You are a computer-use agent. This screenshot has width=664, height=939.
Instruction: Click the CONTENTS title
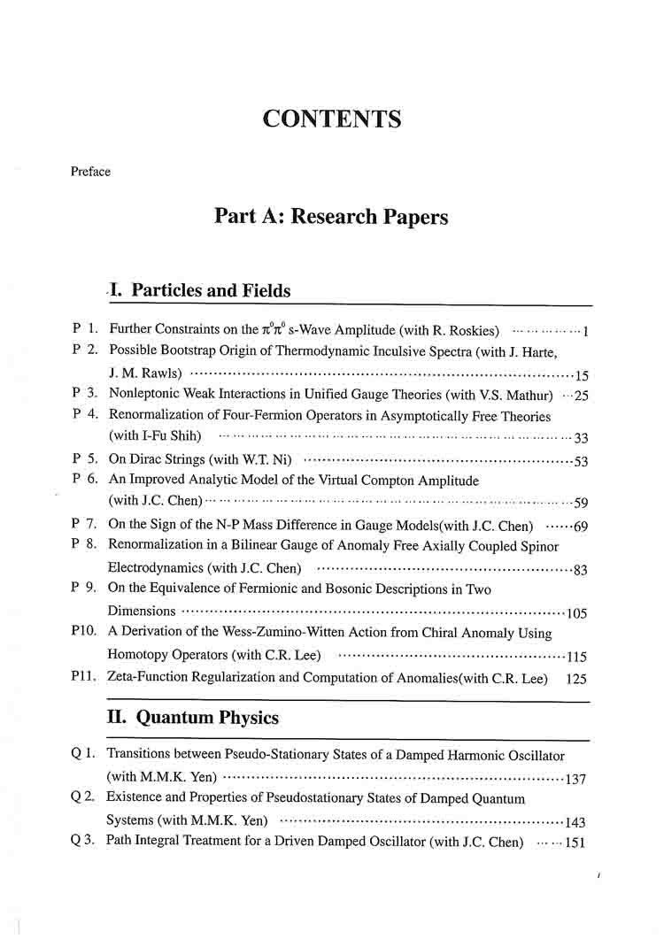pyautogui.click(x=332, y=119)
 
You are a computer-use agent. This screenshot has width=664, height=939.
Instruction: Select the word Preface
pyautogui.click(x=90, y=172)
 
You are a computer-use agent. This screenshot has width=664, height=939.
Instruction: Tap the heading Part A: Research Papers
pyautogui.click(x=331, y=217)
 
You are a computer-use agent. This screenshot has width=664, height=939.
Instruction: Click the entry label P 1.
pyautogui.click(x=85, y=329)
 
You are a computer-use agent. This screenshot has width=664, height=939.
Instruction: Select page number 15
pyautogui.click(x=582, y=374)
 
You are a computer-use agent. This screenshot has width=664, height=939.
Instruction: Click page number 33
pyautogui.click(x=582, y=437)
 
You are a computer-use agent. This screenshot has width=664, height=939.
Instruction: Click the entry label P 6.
pyautogui.click(x=85, y=480)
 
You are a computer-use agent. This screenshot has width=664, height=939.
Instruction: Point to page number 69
pyautogui.click(x=582, y=527)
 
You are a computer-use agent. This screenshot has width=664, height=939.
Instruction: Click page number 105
pyautogui.click(x=578, y=612)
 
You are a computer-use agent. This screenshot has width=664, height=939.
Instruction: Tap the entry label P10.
pyautogui.click(x=85, y=633)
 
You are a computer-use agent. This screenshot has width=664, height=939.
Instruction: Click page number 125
pyautogui.click(x=576, y=678)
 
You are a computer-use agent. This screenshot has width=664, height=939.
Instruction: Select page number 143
pyautogui.click(x=576, y=821)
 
